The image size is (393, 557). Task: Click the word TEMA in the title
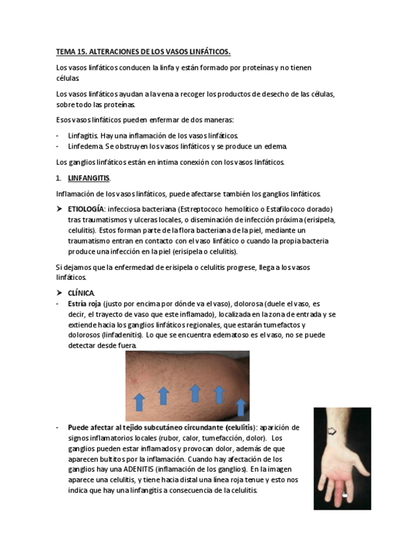(x=65, y=51)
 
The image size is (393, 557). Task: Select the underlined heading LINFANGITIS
(x=89, y=178)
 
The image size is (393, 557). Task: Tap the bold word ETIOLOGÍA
(x=86, y=208)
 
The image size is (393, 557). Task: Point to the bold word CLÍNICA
(x=81, y=292)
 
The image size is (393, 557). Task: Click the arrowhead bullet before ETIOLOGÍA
(x=60, y=208)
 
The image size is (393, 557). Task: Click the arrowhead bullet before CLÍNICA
(x=60, y=292)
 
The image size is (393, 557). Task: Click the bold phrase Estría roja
(x=85, y=304)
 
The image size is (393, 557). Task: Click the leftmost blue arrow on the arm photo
(x=140, y=402)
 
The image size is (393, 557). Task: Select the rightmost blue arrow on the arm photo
(x=241, y=407)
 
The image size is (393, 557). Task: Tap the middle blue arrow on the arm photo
(x=195, y=393)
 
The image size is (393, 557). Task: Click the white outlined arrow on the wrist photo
(x=332, y=432)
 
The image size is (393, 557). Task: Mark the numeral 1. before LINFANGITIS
(x=58, y=178)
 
